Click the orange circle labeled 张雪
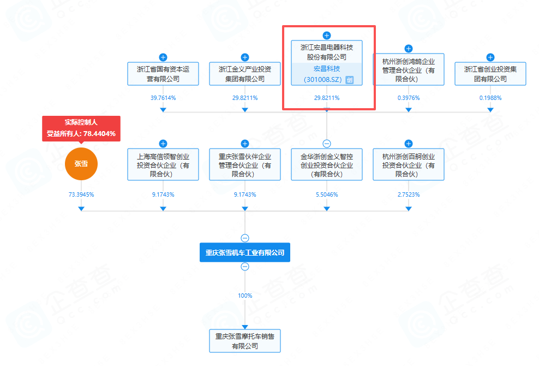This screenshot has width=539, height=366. [x=81, y=163]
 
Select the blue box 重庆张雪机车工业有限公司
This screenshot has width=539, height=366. [x=245, y=253]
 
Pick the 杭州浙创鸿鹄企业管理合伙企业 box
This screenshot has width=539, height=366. [x=409, y=70]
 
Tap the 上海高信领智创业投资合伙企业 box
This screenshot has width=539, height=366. [x=163, y=165]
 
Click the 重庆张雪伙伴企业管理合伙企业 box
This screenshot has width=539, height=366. [x=245, y=165]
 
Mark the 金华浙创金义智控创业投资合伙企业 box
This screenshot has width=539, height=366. [x=327, y=165]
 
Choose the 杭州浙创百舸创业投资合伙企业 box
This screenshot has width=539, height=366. [x=409, y=165]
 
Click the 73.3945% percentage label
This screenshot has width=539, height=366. [x=81, y=194]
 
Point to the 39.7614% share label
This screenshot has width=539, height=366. [x=163, y=98]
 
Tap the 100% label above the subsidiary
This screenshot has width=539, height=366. [x=245, y=296]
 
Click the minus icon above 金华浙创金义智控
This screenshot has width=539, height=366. [x=327, y=144]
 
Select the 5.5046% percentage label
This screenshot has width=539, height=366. [x=327, y=194]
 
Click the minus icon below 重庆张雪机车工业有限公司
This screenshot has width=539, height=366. [x=245, y=267]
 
